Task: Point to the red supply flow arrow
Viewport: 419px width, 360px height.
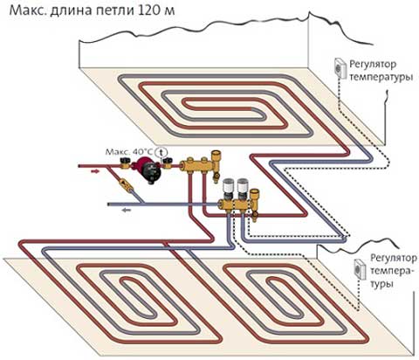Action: pyautogui.click(x=94, y=173)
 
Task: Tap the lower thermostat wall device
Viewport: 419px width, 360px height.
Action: pyautogui.click(x=358, y=269)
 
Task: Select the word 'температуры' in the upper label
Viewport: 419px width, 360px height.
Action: pyautogui.click(x=380, y=78)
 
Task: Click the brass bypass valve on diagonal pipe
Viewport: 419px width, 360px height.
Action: pyautogui.click(x=124, y=186)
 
